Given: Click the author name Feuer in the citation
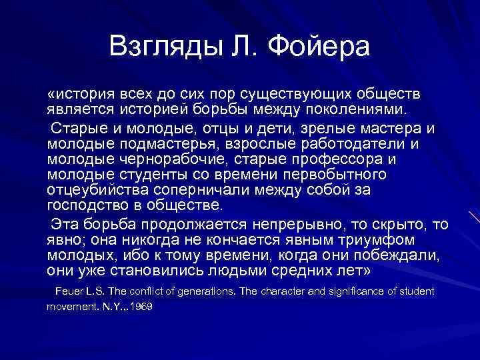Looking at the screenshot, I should tap(69, 291).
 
